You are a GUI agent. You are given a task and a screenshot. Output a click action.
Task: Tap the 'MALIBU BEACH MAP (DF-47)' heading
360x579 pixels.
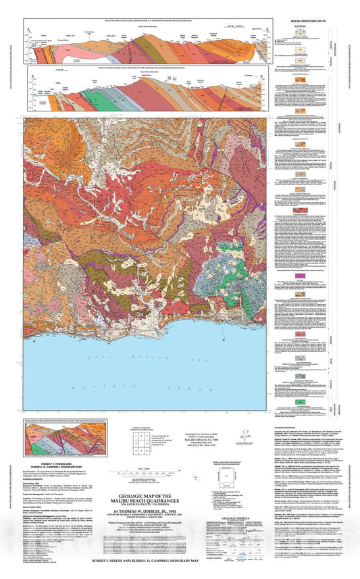click(301, 23)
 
